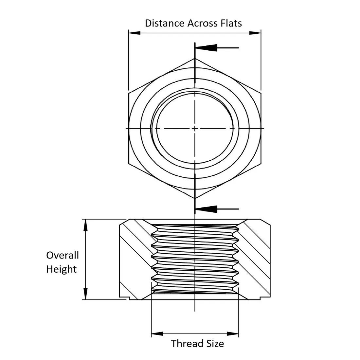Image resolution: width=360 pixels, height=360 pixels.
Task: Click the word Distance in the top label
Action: (x=165, y=23)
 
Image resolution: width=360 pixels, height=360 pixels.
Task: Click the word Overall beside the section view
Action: (x=63, y=255)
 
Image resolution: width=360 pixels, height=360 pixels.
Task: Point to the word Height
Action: (x=62, y=269)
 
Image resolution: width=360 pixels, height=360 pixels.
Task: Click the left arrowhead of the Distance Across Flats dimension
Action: (x=135, y=33)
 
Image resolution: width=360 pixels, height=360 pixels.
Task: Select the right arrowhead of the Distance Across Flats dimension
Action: (x=255, y=33)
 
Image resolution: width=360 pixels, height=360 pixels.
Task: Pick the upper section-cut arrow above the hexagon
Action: (x=217, y=48)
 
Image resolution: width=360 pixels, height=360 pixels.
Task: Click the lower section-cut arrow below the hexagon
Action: (x=217, y=209)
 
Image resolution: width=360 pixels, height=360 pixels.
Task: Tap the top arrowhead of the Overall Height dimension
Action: (x=85, y=225)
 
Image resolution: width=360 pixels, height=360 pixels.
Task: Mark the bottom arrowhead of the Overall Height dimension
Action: (x=85, y=294)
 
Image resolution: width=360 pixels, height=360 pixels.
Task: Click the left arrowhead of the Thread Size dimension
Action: (x=157, y=333)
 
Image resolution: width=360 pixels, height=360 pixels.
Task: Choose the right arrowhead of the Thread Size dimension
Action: (x=233, y=333)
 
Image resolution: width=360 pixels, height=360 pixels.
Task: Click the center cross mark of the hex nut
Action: (x=195, y=128)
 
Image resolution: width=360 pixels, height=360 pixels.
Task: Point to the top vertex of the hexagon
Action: (x=195, y=59)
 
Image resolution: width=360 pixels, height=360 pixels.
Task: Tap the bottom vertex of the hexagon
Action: (x=195, y=198)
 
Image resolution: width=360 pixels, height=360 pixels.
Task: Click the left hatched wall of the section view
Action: (x=135, y=260)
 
